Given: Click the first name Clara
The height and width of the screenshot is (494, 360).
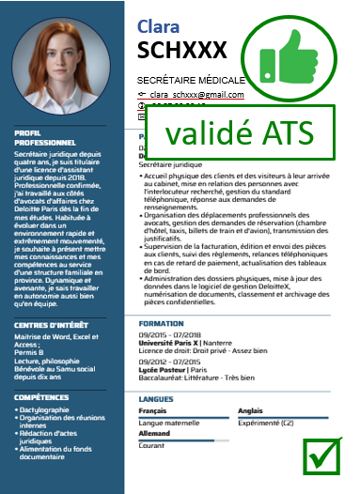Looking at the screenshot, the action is [x=160, y=25].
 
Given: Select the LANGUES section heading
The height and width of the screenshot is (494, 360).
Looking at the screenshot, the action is [x=155, y=399].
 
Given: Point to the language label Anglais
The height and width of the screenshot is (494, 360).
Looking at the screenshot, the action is [x=251, y=411].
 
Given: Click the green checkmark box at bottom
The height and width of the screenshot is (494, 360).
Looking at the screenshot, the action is [x=321, y=456].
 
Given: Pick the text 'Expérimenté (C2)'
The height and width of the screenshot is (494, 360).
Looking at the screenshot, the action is [x=266, y=423].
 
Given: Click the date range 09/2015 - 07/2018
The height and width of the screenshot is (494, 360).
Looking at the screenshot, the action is [x=170, y=333].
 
